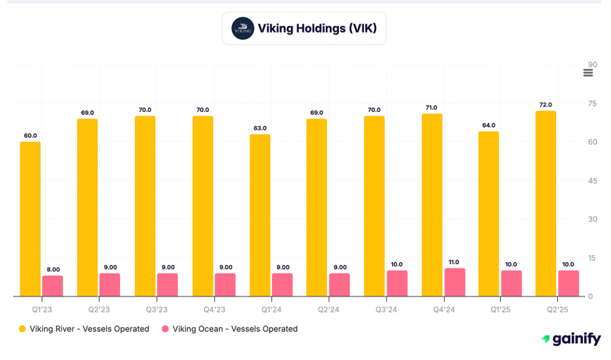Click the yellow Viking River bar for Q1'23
30,219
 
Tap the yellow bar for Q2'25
545,204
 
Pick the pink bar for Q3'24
396,284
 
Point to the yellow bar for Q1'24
260,216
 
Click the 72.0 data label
545,104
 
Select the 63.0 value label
260,128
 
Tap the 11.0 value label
453,261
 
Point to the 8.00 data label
53,269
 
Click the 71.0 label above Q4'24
431,107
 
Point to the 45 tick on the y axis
592,181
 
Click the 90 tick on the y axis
592,65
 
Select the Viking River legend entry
84,329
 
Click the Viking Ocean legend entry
230,329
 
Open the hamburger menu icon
588,73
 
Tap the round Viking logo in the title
243,28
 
